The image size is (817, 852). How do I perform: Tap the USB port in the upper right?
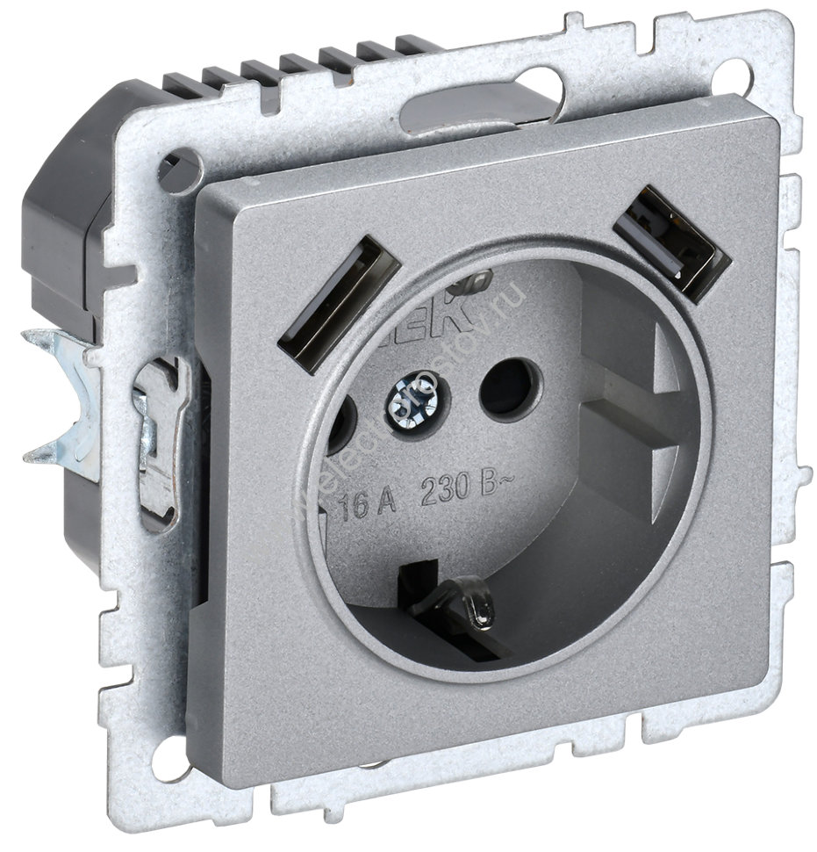click(673, 242)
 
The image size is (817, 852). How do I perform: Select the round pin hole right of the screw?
click(507, 385)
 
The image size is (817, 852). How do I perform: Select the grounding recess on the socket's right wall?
click(649, 422)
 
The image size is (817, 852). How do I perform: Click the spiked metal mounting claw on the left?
click(61, 395)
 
